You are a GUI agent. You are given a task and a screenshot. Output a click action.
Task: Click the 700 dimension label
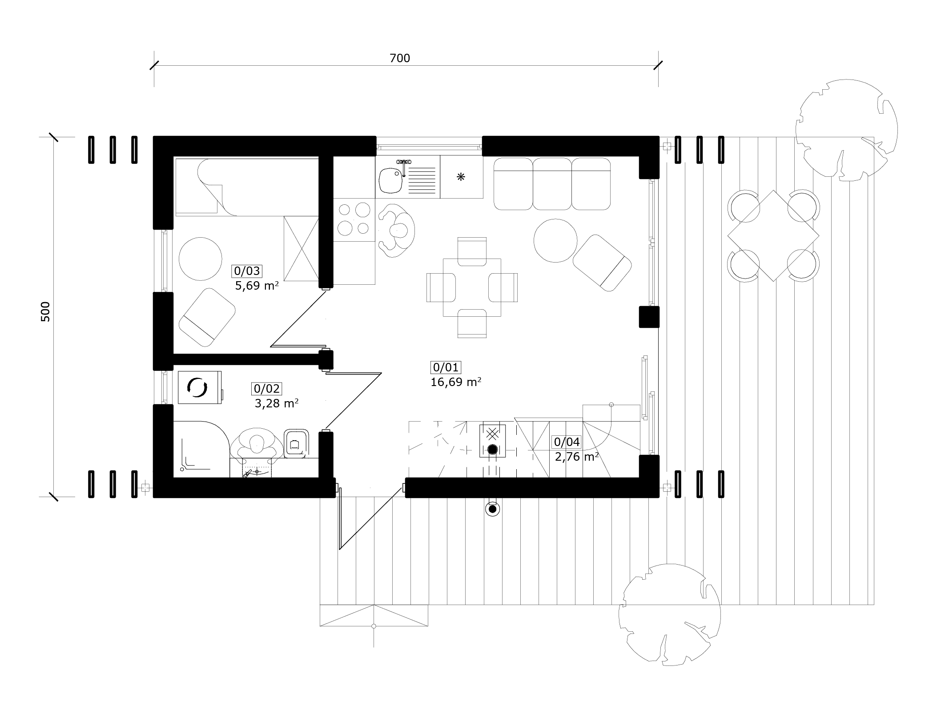[399, 58]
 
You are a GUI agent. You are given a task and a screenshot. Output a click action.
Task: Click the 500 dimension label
[45, 311]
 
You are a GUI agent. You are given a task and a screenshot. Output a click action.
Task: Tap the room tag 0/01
[446, 367]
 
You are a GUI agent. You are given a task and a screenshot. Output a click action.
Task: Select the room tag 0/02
[267, 389]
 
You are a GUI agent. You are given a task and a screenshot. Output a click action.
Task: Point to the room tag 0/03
[247, 271]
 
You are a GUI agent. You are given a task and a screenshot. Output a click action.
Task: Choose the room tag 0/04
[567, 442]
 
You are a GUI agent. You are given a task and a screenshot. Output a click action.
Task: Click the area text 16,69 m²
[456, 382]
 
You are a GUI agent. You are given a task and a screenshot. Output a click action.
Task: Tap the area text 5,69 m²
[257, 285]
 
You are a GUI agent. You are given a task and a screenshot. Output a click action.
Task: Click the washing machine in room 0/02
[200, 387]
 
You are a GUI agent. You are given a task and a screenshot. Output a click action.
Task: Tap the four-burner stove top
[354, 219]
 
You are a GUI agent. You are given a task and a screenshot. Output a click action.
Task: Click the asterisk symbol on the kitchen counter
[461, 177]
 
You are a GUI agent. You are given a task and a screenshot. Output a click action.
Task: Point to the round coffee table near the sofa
[555, 241]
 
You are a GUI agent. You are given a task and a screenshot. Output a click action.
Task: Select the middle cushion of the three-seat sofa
[552, 184]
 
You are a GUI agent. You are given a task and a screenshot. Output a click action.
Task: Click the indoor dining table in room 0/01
[472, 287]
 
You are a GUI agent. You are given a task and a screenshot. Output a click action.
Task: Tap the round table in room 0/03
[200, 259]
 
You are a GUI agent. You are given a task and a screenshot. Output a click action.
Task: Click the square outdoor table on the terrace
[773, 235]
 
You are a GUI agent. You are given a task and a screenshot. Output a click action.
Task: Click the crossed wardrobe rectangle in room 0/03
[301, 248]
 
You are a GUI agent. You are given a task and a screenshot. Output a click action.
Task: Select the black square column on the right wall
[649, 317]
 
